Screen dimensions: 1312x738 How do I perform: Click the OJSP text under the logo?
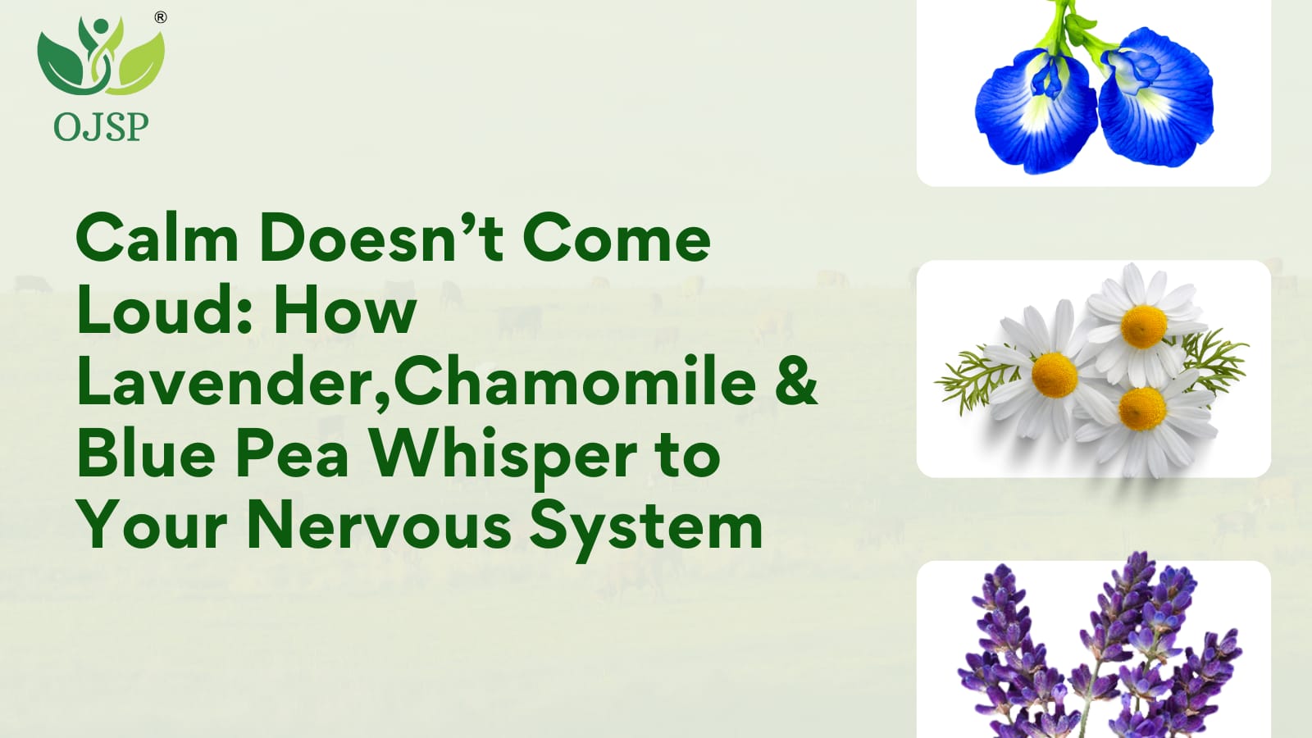tap(101, 127)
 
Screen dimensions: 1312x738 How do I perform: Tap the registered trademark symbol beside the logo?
tap(161, 17)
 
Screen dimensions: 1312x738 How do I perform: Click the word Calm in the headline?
tap(157, 237)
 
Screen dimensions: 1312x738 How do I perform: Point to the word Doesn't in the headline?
tap(381, 237)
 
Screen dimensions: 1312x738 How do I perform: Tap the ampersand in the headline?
tap(799, 380)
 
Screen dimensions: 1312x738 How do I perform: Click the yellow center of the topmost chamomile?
tap(1143, 326)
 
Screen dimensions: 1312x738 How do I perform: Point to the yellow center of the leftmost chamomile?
tap(1055, 375)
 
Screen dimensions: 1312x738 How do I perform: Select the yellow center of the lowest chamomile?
tap(1142, 409)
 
